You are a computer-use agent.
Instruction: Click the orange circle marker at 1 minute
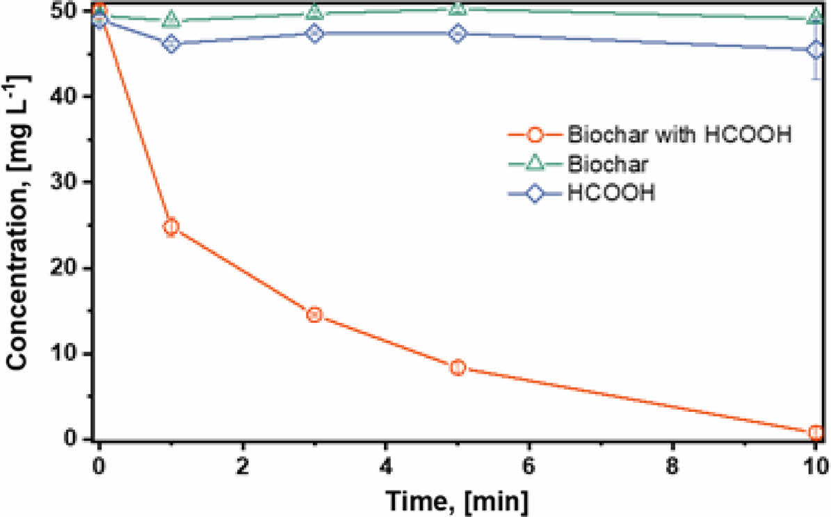pos(170,226)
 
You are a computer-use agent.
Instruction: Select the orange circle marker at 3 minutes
pos(314,315)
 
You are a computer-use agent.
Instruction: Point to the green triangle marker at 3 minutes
pos(314,12)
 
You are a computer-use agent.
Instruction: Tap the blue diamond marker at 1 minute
pos(170,44)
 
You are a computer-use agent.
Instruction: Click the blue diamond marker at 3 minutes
pos(314,33)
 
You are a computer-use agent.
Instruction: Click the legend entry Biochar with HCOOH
pos(679,134)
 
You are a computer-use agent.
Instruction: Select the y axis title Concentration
pos(19,230)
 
